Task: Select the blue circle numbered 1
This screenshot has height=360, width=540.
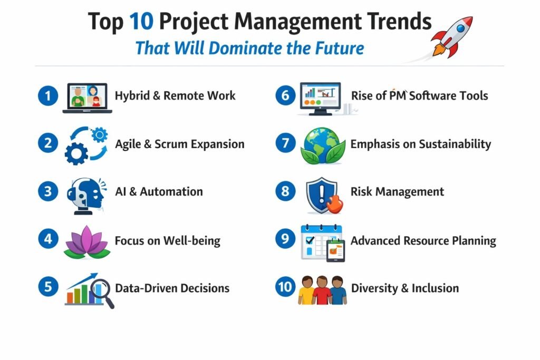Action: (x=48, y=96)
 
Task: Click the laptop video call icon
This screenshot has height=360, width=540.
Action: (x=88, y=98)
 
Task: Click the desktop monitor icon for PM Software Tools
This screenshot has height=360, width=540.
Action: (x=320, y=98)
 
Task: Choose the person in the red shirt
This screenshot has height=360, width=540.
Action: (x=322, y=291)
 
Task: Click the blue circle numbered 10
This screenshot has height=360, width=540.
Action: (x=285, y=287)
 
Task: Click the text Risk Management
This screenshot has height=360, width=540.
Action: (x=397, y=192)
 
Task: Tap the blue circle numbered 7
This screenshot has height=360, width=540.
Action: (x=285, y=144)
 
